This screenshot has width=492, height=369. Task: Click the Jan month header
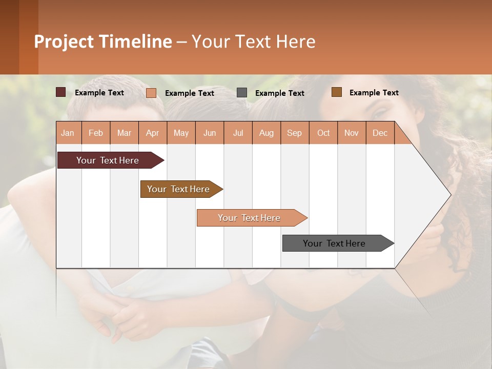point(68,133)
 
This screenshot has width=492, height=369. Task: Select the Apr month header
point(152,133)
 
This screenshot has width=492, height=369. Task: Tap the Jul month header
point(238,133)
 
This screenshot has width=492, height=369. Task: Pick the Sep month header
point(294,133)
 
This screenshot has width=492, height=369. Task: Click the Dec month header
point(380,133)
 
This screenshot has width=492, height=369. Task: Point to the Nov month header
point(351,133)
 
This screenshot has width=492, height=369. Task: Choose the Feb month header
point(96,133)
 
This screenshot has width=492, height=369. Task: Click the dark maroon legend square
point(61,92)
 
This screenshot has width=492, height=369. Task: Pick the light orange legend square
point(151,93)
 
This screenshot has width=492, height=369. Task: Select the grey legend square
point(242,93)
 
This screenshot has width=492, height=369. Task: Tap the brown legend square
point(337,92)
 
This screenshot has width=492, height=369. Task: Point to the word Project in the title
point(64,42)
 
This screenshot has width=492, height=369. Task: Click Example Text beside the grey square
point(279,93)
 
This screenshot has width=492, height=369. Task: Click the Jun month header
point(210,133)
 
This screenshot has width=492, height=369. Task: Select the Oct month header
point(323,133)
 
